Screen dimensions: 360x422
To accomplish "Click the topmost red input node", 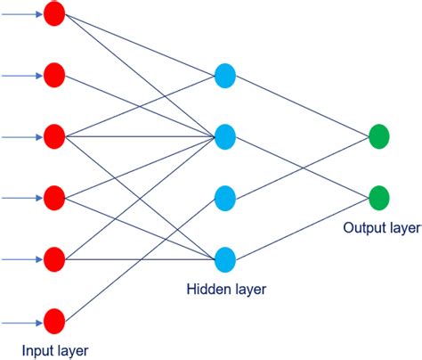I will click(x=54, y=14).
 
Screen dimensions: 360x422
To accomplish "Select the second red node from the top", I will click(x=54, y=76).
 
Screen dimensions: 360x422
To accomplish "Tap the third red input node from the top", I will click(x=54, y=137).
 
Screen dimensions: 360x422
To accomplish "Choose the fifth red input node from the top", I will click(x=54, y=259).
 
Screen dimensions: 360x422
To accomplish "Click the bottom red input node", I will click(x=54, y=320).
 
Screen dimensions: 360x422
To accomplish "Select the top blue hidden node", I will click(x=225, y=76).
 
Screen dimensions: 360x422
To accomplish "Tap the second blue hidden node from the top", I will click(x=225, y=137).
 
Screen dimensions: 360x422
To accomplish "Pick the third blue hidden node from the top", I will click(x=225, y=198).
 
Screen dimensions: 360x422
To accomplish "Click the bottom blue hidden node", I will click(x=225, y=259).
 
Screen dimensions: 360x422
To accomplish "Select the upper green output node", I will click(x=378, y=137).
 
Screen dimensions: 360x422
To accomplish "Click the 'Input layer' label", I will click(x=55, y=349).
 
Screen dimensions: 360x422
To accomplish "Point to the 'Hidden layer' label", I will click(x=226, y=289).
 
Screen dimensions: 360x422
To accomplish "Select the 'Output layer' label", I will click(x=380, y=228).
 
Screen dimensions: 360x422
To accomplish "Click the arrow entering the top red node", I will click(x=21, y=14).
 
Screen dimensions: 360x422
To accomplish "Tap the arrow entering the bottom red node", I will click(x=21, y=320).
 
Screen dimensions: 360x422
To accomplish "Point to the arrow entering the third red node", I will click(x=21, y=137).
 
